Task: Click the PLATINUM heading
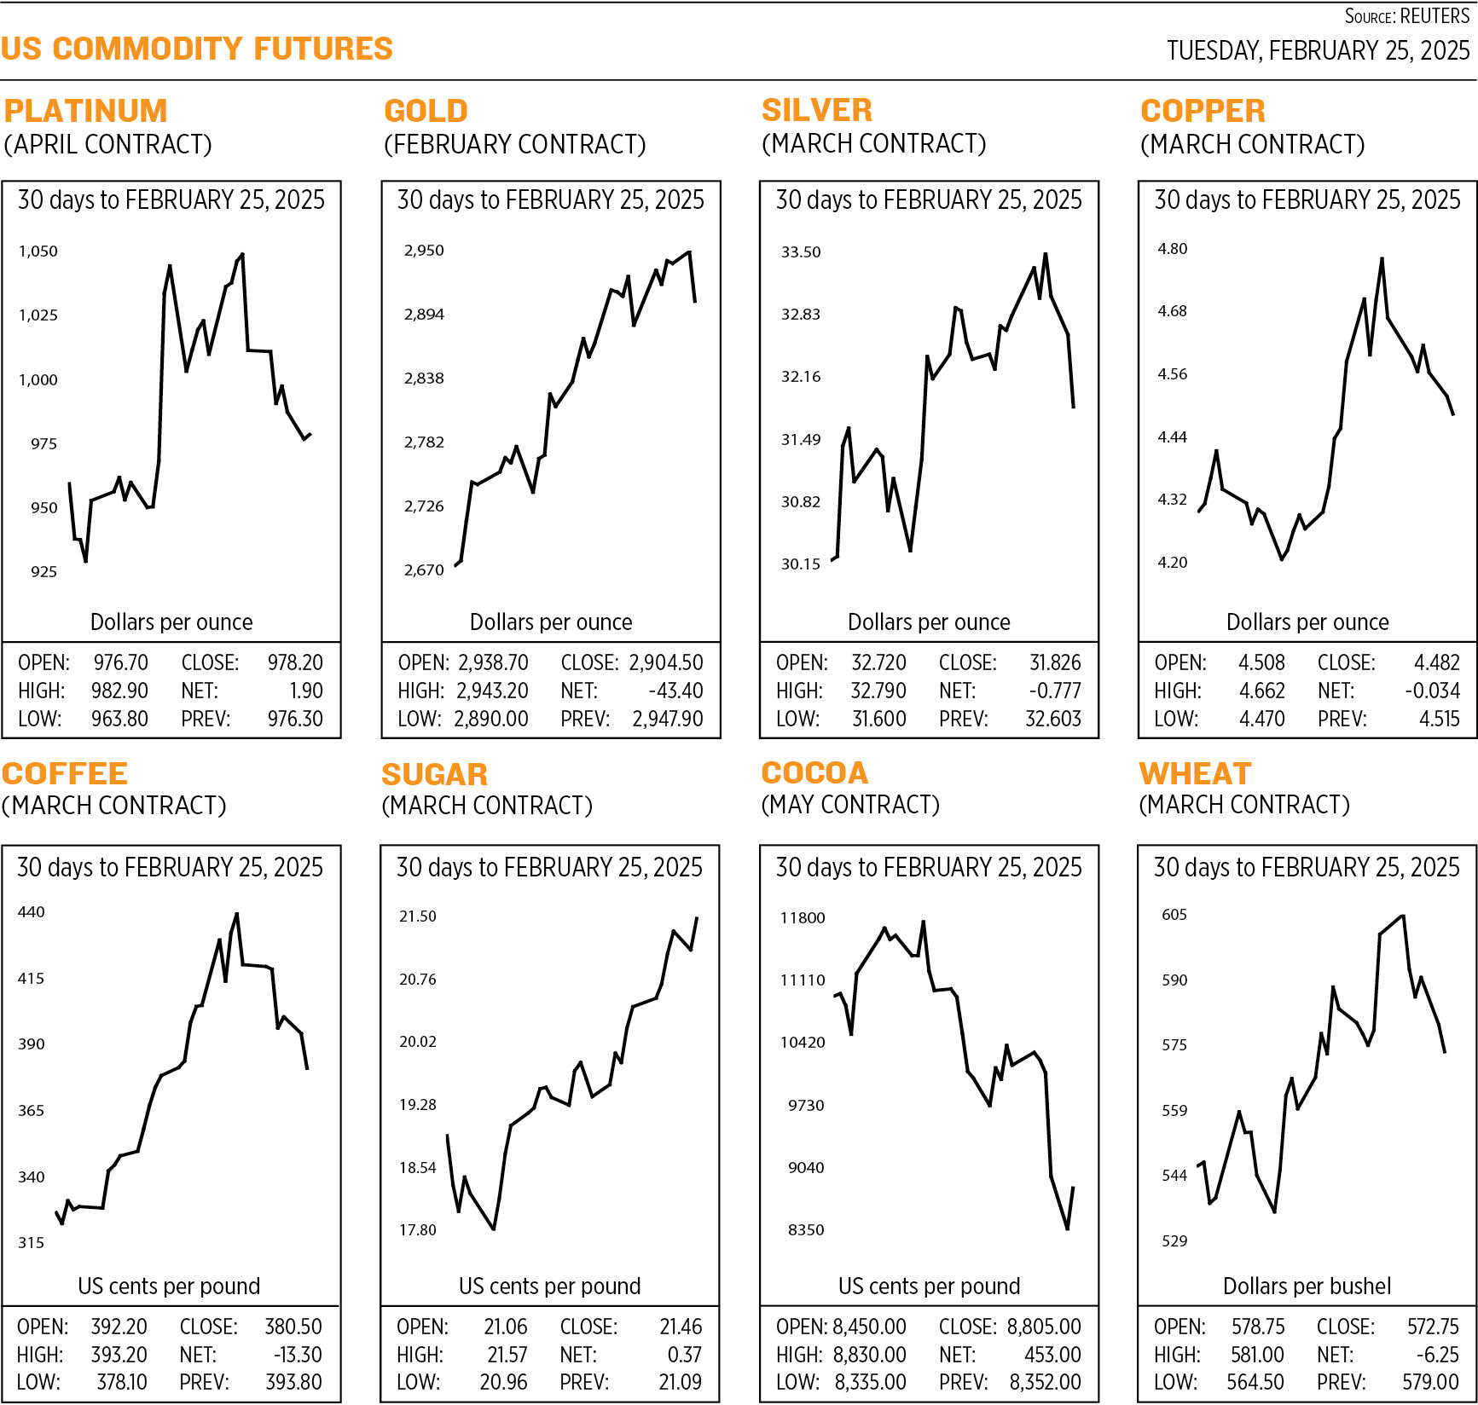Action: [x=85, y=111]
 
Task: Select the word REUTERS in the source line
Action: [x=1435, y=16]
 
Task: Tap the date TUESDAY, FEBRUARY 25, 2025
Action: [x=1318, y=50]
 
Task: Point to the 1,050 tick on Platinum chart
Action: [x=38, y=252]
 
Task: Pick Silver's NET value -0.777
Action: [x=1054, y=691]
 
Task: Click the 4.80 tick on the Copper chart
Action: [x=1172, y=249]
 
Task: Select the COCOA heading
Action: [x=814, y=772]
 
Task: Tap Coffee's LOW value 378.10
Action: [x=121, y=1381]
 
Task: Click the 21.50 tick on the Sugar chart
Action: [x=417, y=916]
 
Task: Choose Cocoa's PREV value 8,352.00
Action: [x=1045, y=1381]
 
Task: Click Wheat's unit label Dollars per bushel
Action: [x=1307, y=1286]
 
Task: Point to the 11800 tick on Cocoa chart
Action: [x=803, y=918]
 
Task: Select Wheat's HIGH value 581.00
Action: [x=1257, y=1355]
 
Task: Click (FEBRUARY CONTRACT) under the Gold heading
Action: [x=514, y=144]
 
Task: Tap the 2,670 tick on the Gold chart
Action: [x=424, y=570]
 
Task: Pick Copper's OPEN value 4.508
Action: [x=1261, y=662]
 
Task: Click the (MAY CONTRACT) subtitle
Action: [x=849, y=804]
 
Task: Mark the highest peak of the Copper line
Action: [x=1382, y=258]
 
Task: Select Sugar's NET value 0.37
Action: [x=684, y=1355]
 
